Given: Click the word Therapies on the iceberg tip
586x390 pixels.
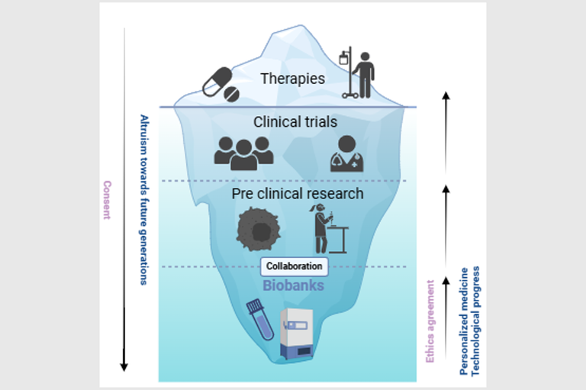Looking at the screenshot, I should pos(292,79).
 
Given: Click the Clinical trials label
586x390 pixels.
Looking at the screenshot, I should pos(295,122).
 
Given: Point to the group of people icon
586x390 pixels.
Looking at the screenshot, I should pos(244,153).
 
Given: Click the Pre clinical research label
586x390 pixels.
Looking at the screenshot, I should pos(298,194).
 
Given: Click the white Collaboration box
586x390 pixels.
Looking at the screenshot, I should pos(295,266).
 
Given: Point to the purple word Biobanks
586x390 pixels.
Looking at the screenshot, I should pos(295,285).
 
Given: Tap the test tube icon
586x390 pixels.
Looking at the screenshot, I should pos(260,318).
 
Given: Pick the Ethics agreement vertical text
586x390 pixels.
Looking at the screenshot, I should pos(431,321).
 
